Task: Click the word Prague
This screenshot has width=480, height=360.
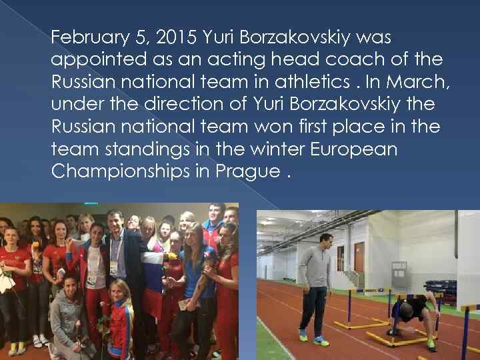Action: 245,172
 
